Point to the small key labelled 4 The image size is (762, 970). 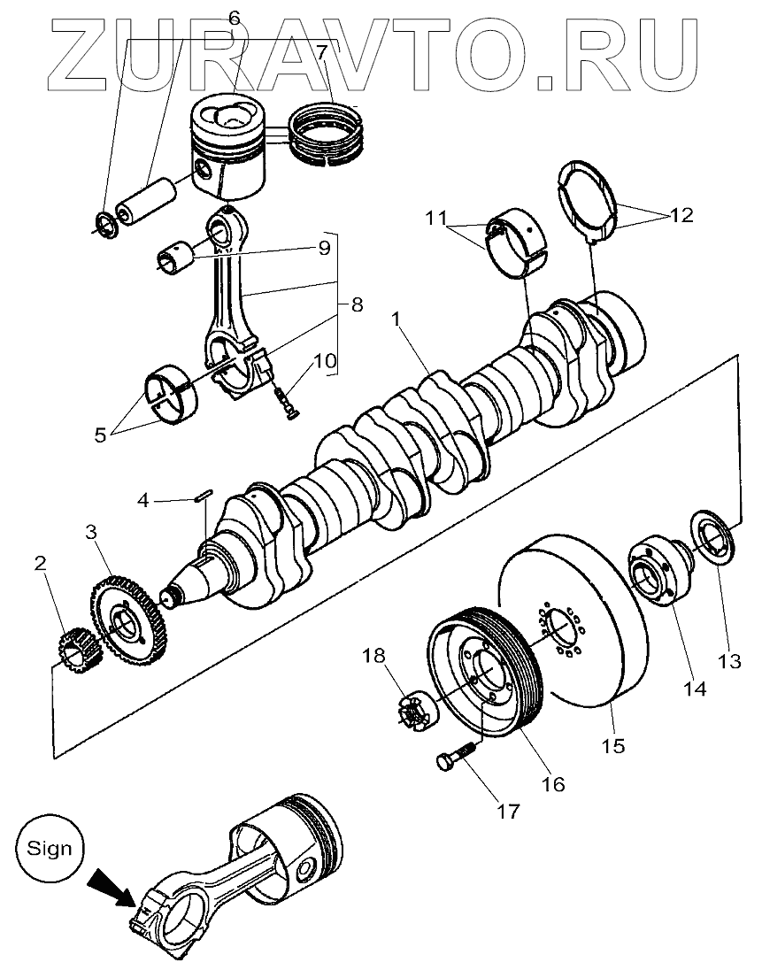click(202, 496)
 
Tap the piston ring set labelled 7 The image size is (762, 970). click(329, 133)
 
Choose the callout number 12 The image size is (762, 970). click(681, 215)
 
